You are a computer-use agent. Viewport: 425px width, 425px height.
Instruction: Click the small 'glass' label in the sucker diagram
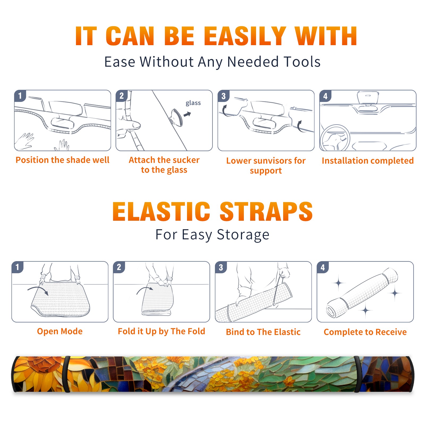[193, 103]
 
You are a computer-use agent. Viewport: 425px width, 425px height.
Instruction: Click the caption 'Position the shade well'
[62, 160]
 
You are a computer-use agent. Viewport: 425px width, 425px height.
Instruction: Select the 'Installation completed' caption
[368, 161]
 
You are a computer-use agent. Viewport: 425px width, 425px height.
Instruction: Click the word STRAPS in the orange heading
[266, 211]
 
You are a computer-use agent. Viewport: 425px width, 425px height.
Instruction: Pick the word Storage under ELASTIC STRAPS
[243, 235]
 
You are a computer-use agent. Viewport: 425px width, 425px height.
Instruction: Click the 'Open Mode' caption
[60, 331]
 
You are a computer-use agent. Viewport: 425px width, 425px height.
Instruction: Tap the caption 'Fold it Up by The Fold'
[161, 331]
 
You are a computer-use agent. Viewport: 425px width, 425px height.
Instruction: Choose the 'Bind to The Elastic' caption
[263, 332]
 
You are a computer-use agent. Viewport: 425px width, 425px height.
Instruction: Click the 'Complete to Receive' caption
[365, 332]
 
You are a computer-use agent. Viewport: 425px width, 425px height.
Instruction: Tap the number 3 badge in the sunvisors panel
[223, 96]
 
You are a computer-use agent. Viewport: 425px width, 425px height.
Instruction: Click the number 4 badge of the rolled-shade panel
[322, 267]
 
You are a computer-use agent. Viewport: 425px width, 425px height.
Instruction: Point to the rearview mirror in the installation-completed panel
[368, 97]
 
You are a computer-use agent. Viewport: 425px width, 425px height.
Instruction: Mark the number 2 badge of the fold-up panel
[119, 267]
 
